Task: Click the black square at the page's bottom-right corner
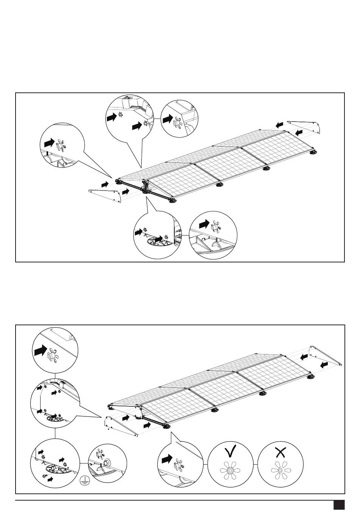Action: [338, 505]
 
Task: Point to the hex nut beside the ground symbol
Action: [107, 462]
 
